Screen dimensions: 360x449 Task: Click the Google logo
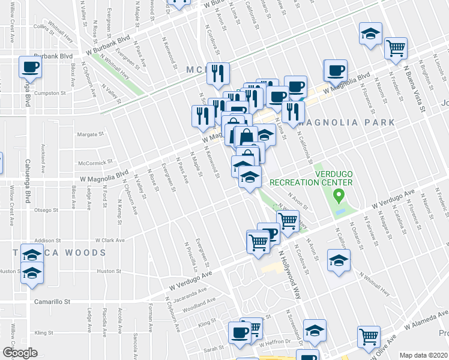20,353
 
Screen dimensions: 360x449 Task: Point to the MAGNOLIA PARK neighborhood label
346,122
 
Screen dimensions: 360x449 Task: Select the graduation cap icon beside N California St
339,262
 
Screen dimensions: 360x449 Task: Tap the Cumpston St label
50,93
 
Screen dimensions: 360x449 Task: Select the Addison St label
48,240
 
